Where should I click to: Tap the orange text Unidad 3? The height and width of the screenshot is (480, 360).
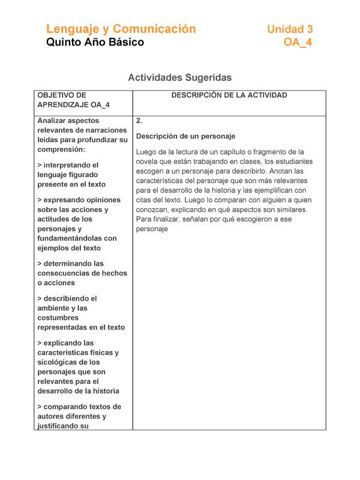point(290,29)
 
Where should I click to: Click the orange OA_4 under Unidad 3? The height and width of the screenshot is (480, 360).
point(298,43)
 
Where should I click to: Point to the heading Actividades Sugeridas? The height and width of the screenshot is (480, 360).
point(179,77)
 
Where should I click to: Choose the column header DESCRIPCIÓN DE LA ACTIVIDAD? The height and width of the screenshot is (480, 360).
point(229,95)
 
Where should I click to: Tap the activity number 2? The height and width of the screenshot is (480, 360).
point(139,121)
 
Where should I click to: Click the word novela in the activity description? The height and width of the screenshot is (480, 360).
point(148,161)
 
